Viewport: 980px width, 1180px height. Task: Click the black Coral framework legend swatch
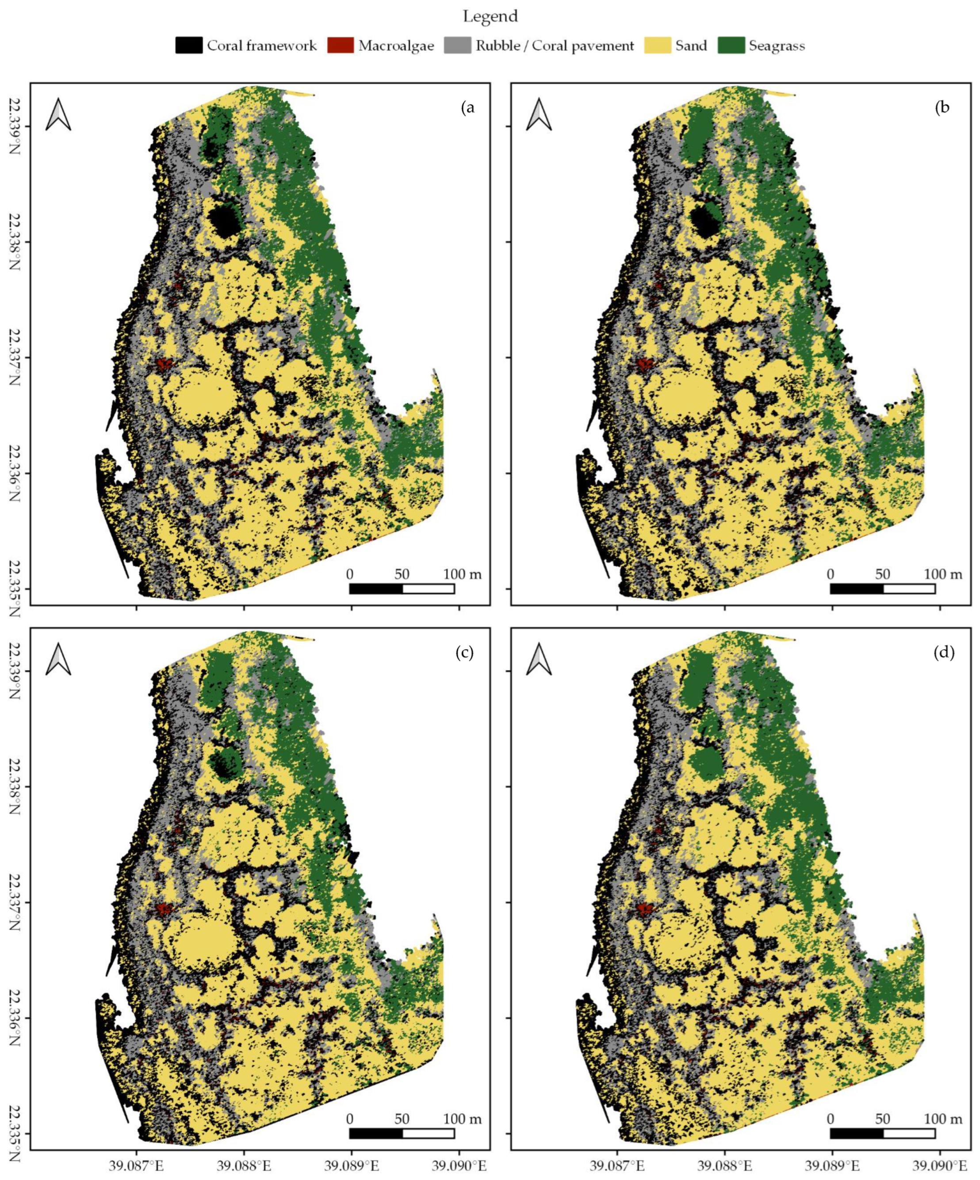pos(188,46)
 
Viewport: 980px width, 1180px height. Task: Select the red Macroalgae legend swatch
pos(340,46)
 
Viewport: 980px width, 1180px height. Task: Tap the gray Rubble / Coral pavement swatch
pos(457,46)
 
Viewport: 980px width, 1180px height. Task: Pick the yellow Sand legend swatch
pos(658,46)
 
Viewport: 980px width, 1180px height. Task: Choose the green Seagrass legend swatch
pos(731,46)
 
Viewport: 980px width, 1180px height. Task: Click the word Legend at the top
pos(490,17)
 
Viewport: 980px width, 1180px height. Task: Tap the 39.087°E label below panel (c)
pos(137,1164)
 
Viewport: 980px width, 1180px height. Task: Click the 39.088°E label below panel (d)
pos(725,1164)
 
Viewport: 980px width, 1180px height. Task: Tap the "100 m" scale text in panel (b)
pos(943,574)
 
